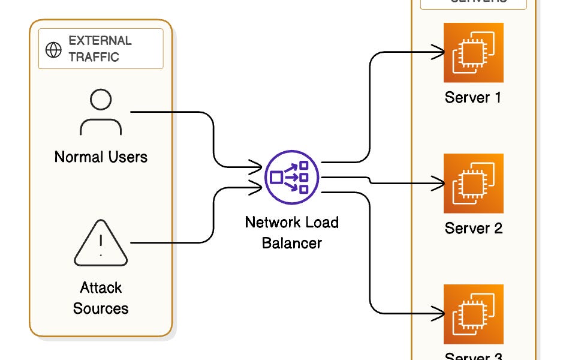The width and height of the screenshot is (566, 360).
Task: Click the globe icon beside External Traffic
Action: [54, 50]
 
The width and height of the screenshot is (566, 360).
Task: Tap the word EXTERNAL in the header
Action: [100, 41]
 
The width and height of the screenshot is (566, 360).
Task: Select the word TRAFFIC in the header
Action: [94, 57]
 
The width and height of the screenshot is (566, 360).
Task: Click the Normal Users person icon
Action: [101, 112]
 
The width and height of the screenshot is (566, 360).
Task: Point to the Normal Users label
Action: [101, 157]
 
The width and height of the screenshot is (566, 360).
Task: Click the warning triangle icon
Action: [101, 242]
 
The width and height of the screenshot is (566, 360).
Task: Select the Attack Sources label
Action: [101, 298]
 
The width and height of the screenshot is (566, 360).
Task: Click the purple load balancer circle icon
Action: [292, 177]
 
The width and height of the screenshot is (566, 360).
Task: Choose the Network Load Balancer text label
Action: [292, 232]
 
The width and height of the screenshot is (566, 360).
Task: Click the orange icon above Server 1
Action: [473, 52]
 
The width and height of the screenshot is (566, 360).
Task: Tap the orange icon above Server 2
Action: [473, 183]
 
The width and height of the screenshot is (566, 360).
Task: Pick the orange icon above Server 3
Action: [473, 314]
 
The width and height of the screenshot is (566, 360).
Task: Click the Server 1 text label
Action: [473, 97]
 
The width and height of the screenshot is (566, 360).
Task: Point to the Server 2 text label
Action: [473, 228]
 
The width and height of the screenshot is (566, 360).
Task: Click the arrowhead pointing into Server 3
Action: [440, 313]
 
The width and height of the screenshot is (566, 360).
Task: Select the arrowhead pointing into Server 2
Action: [440, 182]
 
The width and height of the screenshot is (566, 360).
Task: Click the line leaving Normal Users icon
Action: [174, 112]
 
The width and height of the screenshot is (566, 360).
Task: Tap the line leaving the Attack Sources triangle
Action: [174, 242]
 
